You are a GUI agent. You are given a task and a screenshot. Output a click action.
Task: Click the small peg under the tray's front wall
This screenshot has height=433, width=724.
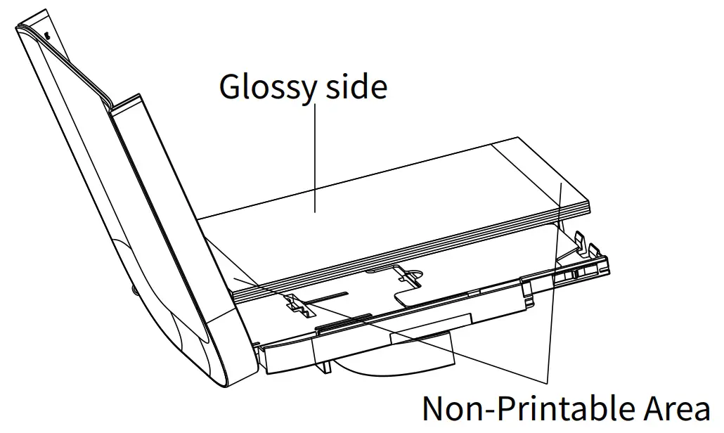pyautogui.click(x=326, y=368)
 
